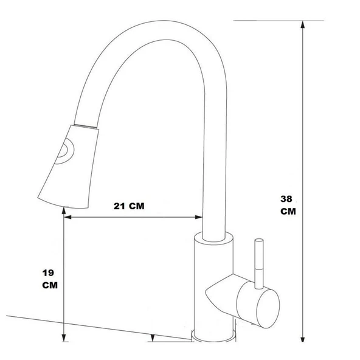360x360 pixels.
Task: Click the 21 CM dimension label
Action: click(129, 206)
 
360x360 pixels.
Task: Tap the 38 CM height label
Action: click(288, 205)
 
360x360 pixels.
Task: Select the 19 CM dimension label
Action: click(50, 279)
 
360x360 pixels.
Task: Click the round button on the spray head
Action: click(65, 151)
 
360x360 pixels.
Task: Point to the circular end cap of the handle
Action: click(268, 308)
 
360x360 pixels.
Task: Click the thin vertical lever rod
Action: click(259, 263)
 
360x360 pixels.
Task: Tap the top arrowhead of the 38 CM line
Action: click(303, 25)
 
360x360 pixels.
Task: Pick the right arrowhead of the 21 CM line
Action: click(198, 217)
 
